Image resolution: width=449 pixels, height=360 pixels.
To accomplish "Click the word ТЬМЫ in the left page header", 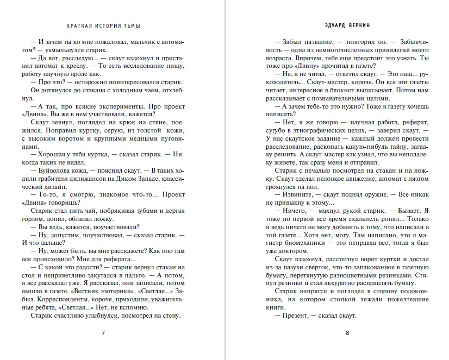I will (136, 26).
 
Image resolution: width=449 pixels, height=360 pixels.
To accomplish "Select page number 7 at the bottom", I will (103, 333).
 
